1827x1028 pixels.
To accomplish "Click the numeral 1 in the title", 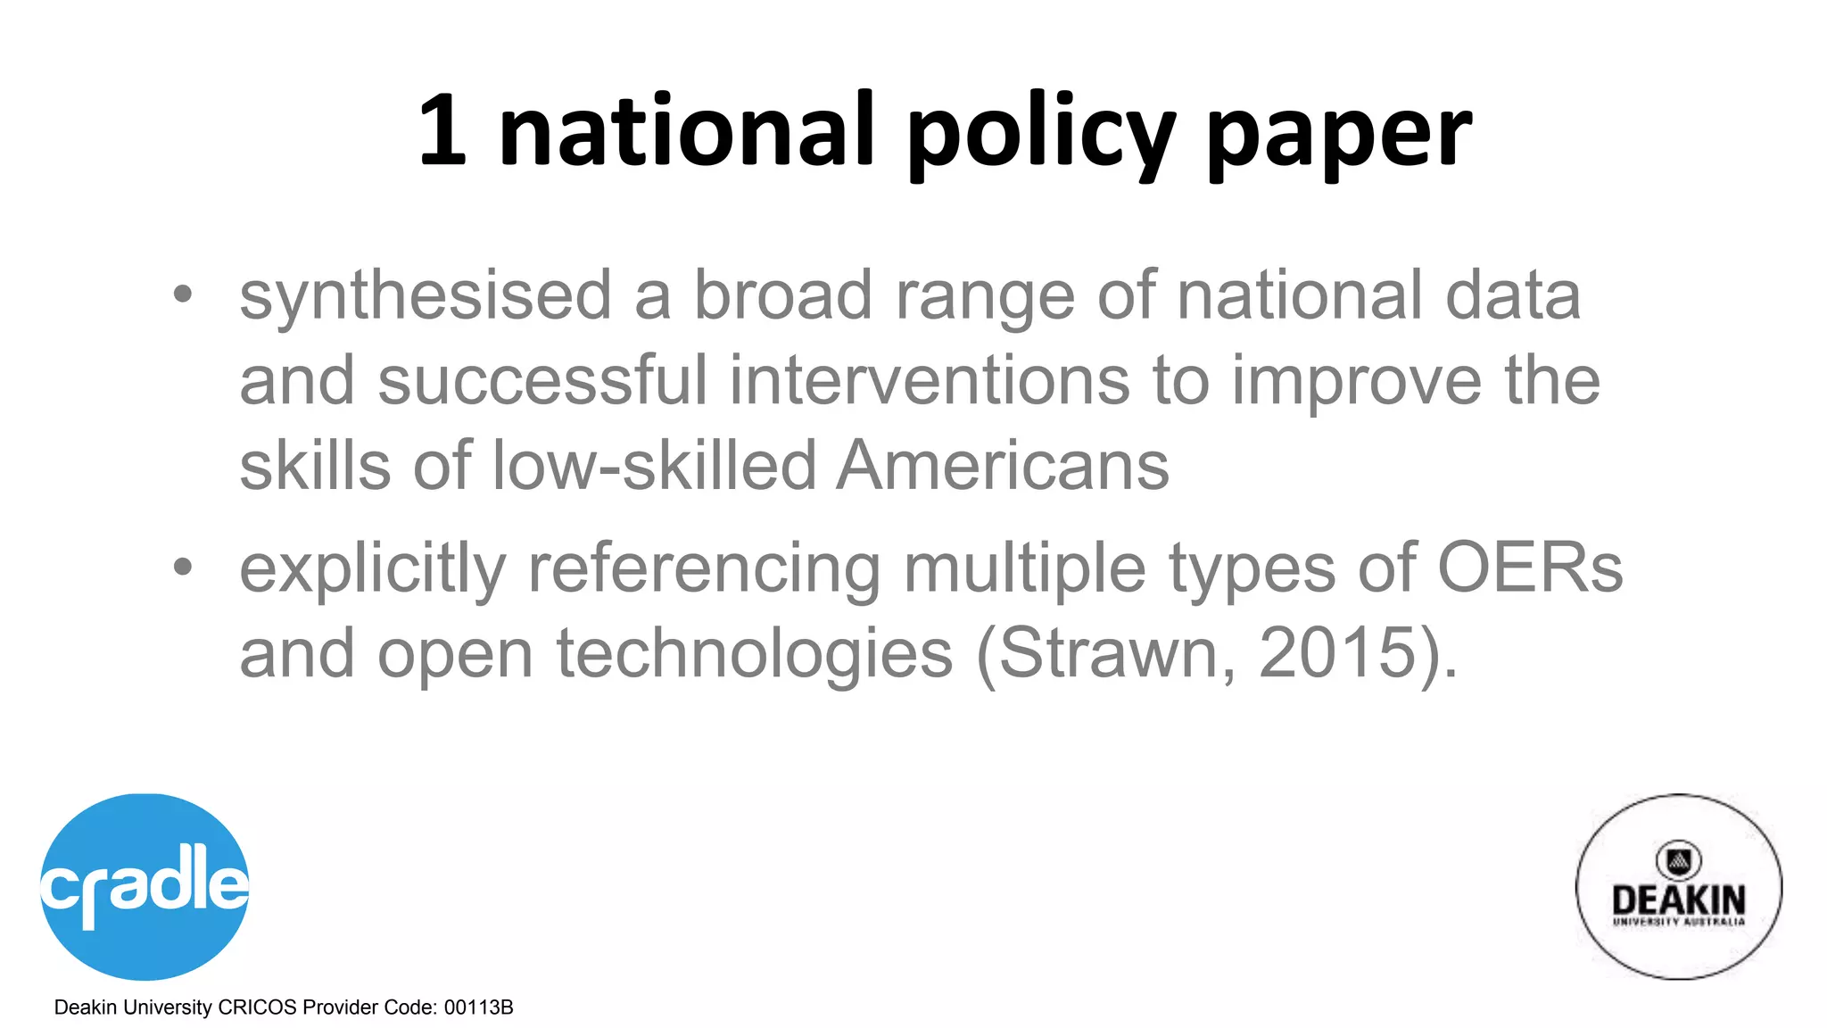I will point(443,131).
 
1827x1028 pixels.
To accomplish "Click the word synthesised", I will point(426,296).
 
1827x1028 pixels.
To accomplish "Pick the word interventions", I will point(929,380).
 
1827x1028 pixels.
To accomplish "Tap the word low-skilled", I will point(654,465).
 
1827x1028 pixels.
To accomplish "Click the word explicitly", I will point(372,569).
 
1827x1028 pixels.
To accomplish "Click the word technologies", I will point(754,655).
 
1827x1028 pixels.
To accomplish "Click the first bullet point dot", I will point(183,294).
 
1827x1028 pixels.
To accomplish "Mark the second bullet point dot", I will point(183,567).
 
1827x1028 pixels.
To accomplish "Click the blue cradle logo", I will point(145,886).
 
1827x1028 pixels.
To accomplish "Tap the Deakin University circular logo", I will point(1678,887).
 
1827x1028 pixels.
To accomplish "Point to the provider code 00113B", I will point(478,1007).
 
